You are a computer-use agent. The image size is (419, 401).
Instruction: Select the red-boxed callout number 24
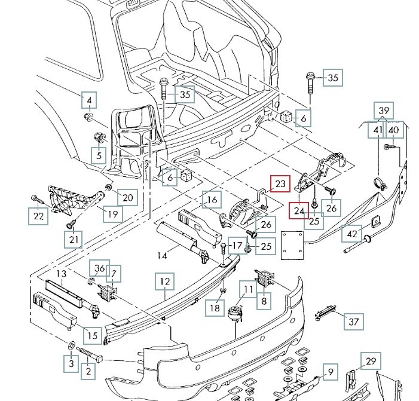[299, 211]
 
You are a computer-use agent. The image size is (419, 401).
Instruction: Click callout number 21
[74, 240]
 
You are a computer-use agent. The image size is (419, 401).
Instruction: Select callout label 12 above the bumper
[165, 280]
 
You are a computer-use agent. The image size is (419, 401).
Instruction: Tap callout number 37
[353, 322]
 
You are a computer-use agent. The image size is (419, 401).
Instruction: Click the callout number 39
[384, 111]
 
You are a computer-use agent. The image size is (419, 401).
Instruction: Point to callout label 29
[371, 361]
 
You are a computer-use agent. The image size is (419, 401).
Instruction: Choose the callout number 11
[248, 291]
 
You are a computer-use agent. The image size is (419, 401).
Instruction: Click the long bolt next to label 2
[90, 353]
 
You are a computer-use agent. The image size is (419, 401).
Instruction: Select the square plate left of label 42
[293, 244]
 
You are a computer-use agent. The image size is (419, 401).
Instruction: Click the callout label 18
[213, 308]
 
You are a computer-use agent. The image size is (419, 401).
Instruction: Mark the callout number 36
[99, 269]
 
